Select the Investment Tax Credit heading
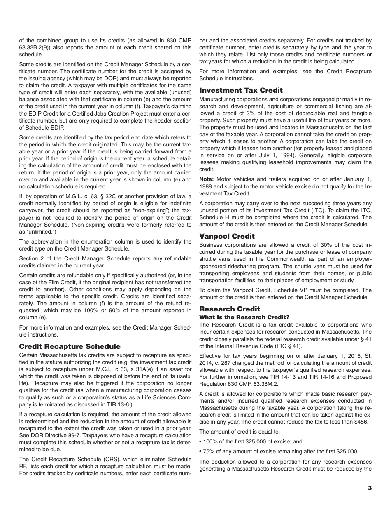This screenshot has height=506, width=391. pos(241,90)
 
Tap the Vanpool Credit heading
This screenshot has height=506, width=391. pos(227,236)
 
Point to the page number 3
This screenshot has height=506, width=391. pos(370,488)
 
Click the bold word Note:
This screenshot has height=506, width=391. pos(207,179)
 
